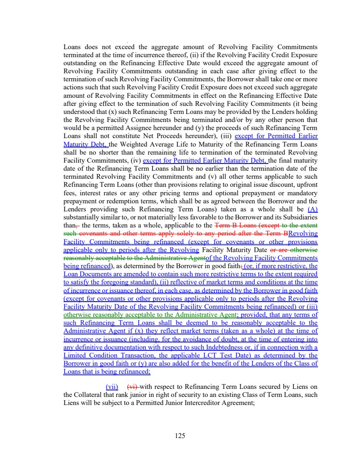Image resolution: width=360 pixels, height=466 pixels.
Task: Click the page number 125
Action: pyautogui.click(x=180, y=435)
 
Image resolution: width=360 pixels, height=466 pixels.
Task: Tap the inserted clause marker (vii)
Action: pyautogui.click(x=112, y=386)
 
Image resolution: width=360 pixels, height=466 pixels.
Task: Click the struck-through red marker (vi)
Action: pyautogui.click(x=132, y=386)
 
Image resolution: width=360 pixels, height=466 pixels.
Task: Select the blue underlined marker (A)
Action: pyautogui.click(x=313, y=209)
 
